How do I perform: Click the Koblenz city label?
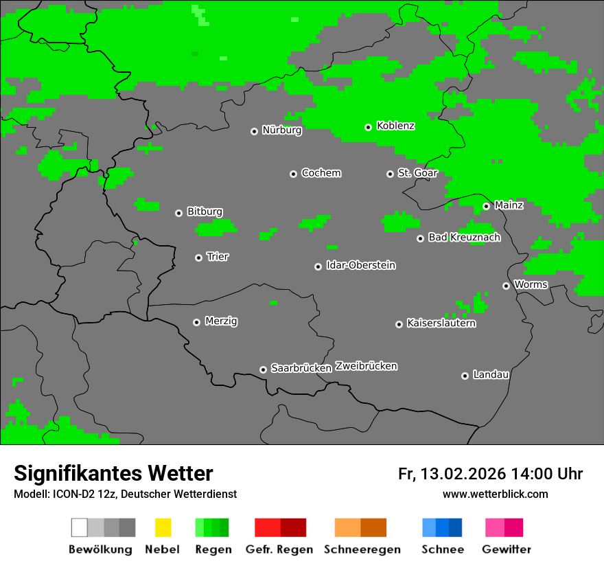click(395, 126)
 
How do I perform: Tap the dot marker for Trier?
click(199, 258)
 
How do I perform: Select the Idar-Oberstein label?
click(360, 265)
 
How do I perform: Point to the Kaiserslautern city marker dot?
click(399, 324)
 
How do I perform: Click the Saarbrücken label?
click(301, 368)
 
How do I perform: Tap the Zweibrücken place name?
click(366, 366)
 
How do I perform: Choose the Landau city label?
click(491, 375)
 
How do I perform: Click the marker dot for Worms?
click(507, 286)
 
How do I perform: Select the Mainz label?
click(509, 205)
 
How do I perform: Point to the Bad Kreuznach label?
click(464, 238)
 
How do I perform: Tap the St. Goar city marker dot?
click(391, 174)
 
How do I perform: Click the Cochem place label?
click(321, 173)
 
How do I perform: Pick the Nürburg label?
click(281, 130)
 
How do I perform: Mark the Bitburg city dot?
click(179, 213)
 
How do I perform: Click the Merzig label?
click(221, 321)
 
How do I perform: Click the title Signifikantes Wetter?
click(113, 473)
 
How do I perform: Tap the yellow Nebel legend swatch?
click(163, 527)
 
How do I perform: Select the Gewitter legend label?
click(507, 549)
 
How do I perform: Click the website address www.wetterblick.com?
click(495, 494)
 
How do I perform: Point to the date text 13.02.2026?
click(463, 474)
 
